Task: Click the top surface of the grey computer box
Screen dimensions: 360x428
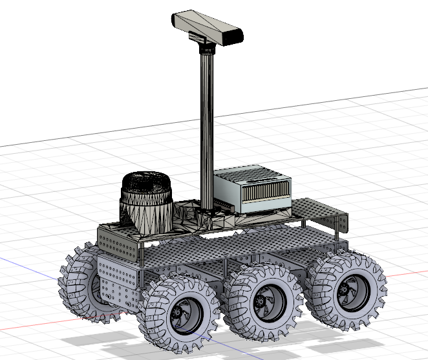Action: pos(249,173)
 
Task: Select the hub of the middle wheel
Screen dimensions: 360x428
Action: pos(262,300)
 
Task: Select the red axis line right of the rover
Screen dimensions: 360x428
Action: pos(407,272)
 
